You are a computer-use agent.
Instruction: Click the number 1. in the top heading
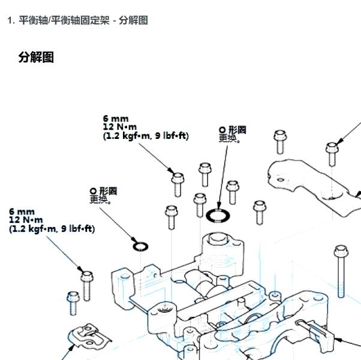(x=11, y=20)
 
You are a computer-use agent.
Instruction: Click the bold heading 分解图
(x=36, y=57)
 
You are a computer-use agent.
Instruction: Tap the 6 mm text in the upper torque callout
(x=116, y=119)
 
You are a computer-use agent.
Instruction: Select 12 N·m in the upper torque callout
(x=120, y=127)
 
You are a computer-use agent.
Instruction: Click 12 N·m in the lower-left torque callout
(x=26, y=220)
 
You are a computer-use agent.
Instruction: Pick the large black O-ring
(x=218, y=216)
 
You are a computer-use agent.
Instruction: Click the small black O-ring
(x=140, y=247)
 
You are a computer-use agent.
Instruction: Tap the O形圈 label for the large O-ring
(x=232, y=130)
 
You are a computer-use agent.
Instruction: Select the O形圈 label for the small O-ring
(x=103, y=191)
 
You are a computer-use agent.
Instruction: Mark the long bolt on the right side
(x=341, y=271)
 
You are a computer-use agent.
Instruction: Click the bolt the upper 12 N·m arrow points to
(x=178, y=184)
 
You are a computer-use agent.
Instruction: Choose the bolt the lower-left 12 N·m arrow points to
(x=87, y=286)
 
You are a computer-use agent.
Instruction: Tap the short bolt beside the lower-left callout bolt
(x=73, y=303)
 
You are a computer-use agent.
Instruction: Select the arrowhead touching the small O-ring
(x=134, y=240)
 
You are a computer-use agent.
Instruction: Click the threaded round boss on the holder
(x=165, y=310)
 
